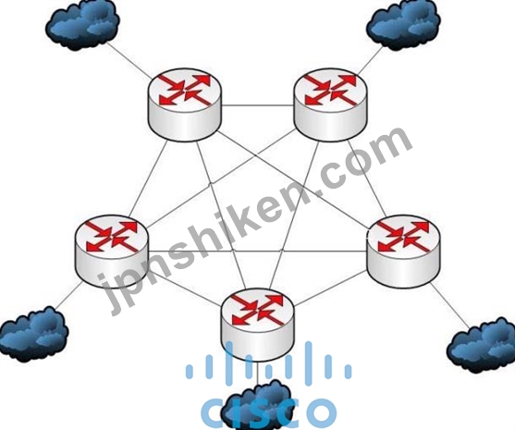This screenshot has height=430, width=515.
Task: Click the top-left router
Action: click(185, 104)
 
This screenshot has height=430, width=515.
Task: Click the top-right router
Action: click(331, 104)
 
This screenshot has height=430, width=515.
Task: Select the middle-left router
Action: click(112, 252)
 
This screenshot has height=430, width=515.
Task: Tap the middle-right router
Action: click(403, 252)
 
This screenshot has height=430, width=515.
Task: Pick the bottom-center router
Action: click(258, 325)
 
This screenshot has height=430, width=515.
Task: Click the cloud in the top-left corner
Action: click(82, 25)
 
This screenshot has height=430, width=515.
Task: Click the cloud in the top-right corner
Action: click(403, 25)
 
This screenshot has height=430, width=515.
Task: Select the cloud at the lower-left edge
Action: click(34, 334)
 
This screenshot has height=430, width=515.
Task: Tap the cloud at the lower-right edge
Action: click(481, 345)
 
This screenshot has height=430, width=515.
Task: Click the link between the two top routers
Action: click(258, 105)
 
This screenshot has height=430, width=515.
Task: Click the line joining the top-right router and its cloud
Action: click(370, 61)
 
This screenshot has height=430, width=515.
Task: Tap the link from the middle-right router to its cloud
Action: click(449, 305)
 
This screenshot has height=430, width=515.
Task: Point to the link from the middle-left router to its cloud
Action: click(68, 295)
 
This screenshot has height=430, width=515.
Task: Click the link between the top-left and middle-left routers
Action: click(149, 178)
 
